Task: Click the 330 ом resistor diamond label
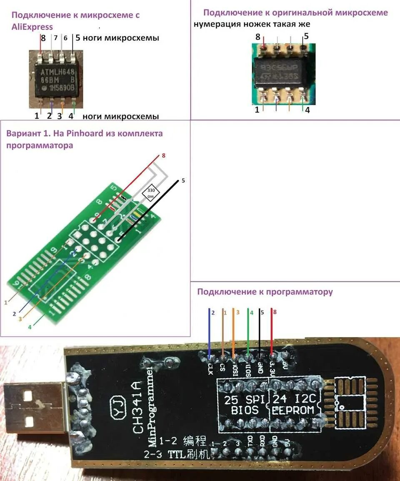[150, 192]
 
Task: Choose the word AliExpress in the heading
[32, 27]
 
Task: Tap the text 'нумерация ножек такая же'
[252, 24]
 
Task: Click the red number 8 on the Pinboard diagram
[164, 156]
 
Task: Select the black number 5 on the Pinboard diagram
[183, 181]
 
